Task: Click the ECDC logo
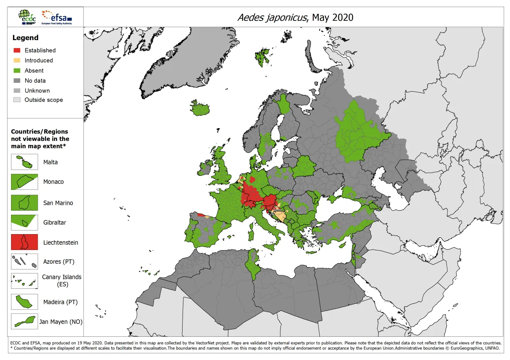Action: point(28,17)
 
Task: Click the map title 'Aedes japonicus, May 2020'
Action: point(295,17)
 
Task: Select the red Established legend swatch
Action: point(17,50)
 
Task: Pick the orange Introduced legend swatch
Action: point(17,61)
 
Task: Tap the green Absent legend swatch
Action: point(17,71)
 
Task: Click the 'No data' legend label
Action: point(35,81)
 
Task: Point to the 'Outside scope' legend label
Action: point(44,100)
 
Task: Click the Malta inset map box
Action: point(24,162)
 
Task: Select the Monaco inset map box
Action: point(24,182)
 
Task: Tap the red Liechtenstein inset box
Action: point(24,242)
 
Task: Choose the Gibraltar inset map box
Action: point(24,222)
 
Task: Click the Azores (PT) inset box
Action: point(24,262)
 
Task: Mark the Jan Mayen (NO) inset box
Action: point(24,321)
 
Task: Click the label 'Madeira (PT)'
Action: point(60,302)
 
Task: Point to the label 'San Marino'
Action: point(58,203)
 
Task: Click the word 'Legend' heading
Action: point(26,38)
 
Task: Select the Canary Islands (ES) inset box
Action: point(24,281)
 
